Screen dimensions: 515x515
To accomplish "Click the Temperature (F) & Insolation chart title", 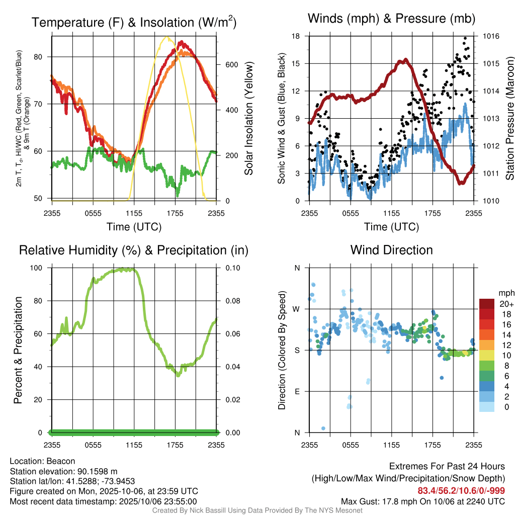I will [x=134, y=23].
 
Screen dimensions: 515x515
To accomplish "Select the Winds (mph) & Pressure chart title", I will [x=391, y=19].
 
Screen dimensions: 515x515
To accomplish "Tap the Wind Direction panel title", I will [x=391, y=250].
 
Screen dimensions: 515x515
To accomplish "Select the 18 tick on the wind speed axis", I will [x=296, y=36].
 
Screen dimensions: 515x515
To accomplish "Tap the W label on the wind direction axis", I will [x=297, y=309].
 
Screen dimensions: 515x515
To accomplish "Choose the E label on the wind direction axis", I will [x=297, y=391].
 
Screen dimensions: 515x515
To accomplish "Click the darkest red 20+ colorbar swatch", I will [x=487, y=304].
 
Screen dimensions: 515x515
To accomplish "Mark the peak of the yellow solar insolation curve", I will [x=166, y=37].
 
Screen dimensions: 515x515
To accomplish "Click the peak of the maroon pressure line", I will [x=404, y=60].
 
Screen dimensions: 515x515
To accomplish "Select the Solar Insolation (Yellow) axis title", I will [x=248, y=119].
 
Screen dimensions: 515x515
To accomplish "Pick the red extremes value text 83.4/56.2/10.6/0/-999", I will [x=461, y=491].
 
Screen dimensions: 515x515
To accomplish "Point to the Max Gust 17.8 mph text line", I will [x=423, y=501].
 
